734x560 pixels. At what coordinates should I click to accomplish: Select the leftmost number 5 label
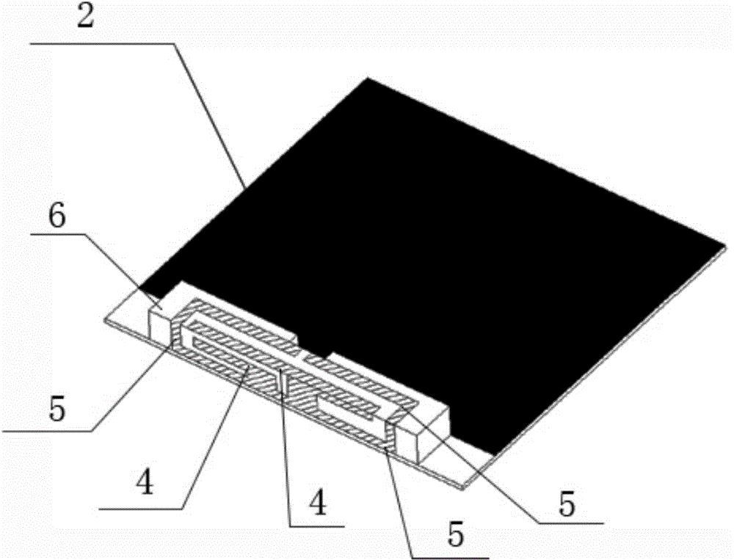(x=57, y=410)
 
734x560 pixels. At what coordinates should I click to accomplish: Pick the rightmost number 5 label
(x=567, y=504)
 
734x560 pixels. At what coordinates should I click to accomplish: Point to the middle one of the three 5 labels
(x=456, y=535)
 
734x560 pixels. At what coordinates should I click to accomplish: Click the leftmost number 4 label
(x=145, y=483)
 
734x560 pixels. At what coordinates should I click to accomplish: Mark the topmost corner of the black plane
(x=368, y=77)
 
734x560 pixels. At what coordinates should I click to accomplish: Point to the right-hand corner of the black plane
(x=727, y=244)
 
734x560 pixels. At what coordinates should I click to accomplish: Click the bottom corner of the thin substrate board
(x=463, y=489)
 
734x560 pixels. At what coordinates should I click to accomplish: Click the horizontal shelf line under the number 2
(x=101, y=43)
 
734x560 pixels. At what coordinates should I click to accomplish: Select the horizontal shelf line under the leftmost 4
(x=140, y=508)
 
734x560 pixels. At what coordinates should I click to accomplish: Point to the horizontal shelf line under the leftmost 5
(x=47, y=430)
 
